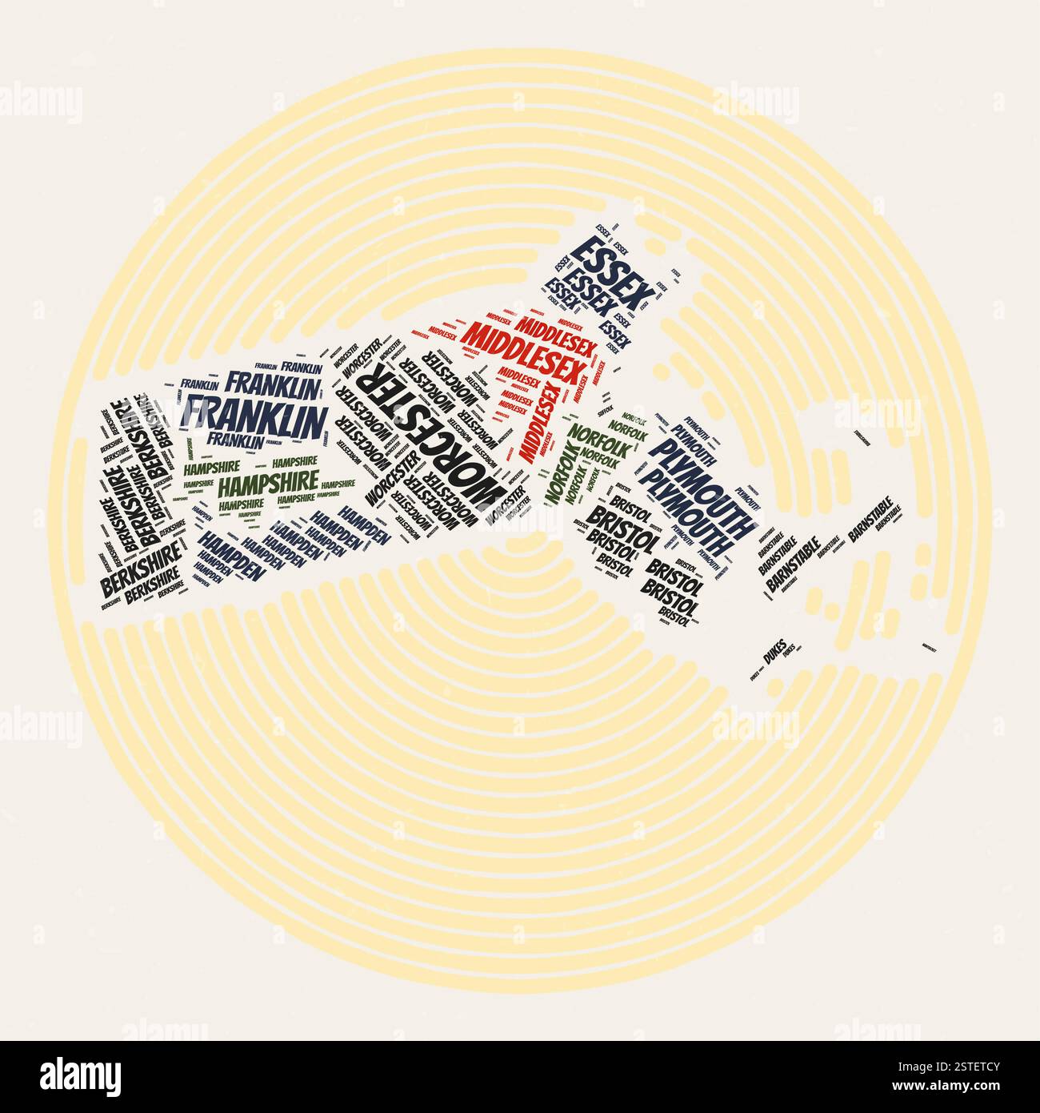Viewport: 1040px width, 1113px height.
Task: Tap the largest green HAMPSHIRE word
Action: (257, 484)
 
